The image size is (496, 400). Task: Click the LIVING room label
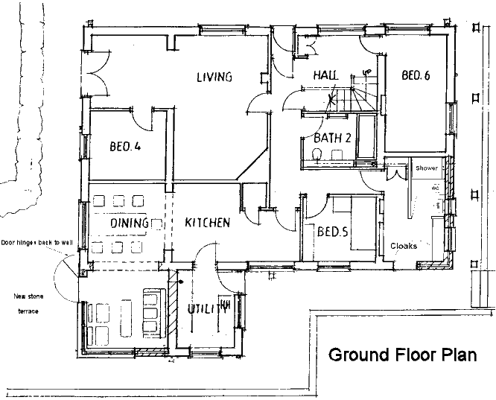[214, 77]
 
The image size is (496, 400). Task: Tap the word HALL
[325, 76]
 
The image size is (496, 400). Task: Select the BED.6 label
[416, 75]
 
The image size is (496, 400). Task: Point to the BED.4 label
[124, 146]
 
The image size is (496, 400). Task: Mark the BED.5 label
[333, 232]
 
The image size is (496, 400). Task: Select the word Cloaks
[404, 245]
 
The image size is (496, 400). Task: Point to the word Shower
[427, 169]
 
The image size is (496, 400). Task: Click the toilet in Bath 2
[317, 154]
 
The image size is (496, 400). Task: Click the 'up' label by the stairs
[366, 72]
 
